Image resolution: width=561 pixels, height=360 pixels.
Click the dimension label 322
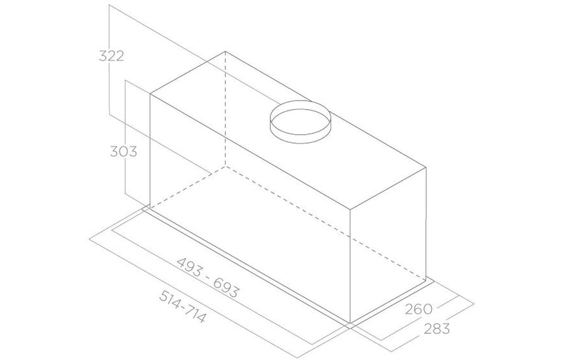[111, 56]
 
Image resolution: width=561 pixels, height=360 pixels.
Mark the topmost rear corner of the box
[225, 51]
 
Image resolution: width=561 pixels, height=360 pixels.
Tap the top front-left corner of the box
[150, 95]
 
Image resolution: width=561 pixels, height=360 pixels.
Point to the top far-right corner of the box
[426, 168]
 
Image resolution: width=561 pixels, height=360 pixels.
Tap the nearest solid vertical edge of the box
[351, 267]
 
